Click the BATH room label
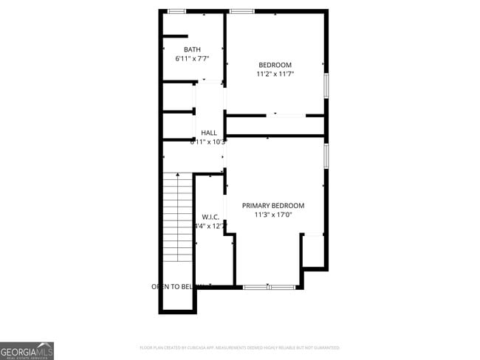click(x=192, y=49)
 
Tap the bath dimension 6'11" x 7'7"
click(x=192, y=58)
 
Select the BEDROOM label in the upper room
click(x=275, y=65)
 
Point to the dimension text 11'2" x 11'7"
click(x=275, y=74)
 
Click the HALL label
click(x=209, y=133)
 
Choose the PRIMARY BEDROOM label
click(x=273, y=206)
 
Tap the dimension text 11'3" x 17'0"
click(x=273, y=215)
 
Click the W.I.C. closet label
click(x=210, y=217)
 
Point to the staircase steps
click(x=177, y=217)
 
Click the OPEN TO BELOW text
click(x=177, y=286)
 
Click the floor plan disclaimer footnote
click(x=239, y=347)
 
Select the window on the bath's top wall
click(x=176, y=11)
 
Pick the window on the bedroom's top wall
click(x=241, y=11)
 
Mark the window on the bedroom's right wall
click(x=326, y=84)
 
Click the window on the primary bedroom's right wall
click(x=326, y=155)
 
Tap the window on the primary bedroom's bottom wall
click(x=270, y=286)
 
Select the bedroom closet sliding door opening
click(x=286, y=115)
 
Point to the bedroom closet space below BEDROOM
click(x=275, y=125)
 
